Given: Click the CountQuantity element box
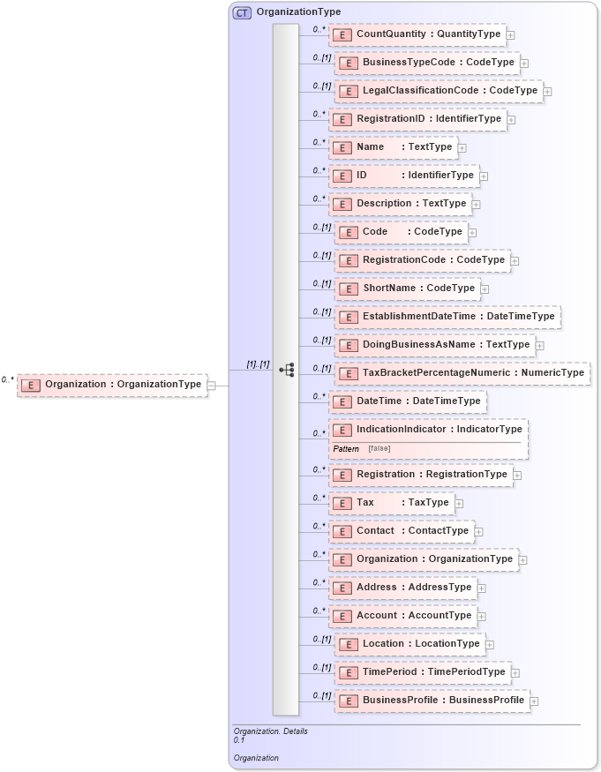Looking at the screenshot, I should pos(417,34).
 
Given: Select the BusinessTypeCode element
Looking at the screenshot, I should pos(427,63).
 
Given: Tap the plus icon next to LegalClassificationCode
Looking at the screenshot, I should pos(547,91).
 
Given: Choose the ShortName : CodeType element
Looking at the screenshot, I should pos(409,289).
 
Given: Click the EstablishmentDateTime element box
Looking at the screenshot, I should pos(447,317).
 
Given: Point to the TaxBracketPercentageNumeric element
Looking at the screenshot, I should pos(462,373).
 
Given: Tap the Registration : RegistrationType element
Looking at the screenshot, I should pos(420,475).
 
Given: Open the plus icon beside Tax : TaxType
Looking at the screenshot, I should pos(459,504).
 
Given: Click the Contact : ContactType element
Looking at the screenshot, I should pos(402,531).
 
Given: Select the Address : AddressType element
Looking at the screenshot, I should pos(402,588).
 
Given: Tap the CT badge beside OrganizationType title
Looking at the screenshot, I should pos(242,12).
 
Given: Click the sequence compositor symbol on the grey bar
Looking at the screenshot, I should pos(286,370).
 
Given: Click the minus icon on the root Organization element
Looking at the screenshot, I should pos(212,385).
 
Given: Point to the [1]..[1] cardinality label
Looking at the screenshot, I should pos(258,364).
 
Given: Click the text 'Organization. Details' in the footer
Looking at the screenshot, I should pos(271,731).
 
